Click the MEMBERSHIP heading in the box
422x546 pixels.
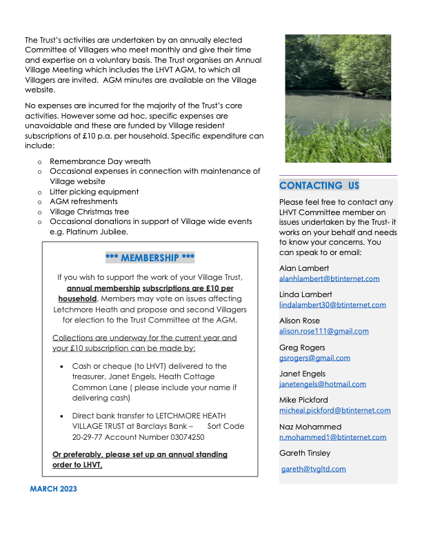(x=150, y=258)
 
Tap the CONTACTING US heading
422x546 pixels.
(x=319, y=185)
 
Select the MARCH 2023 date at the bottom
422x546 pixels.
(x=54, y=489)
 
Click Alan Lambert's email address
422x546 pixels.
(x=329, y=279)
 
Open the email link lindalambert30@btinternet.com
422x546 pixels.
(x=332, y=305)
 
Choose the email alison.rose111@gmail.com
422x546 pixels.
(x=323, y=331)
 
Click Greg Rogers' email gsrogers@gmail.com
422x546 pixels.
(x=314, y=358)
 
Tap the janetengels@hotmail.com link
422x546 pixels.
(x=322, y=384)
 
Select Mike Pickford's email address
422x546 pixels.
(x=334, y=410)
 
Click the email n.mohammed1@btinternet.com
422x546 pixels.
(x=332, y=437)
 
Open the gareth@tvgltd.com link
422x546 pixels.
(x=314, y=469)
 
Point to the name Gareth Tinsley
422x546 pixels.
(x=305, y=453)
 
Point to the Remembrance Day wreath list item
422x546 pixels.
(x=99, y=161)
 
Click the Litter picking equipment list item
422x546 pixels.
(x=94, y=192)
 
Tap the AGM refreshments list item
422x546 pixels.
(x=83, y=201)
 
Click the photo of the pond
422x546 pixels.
(x=338, y=99)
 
